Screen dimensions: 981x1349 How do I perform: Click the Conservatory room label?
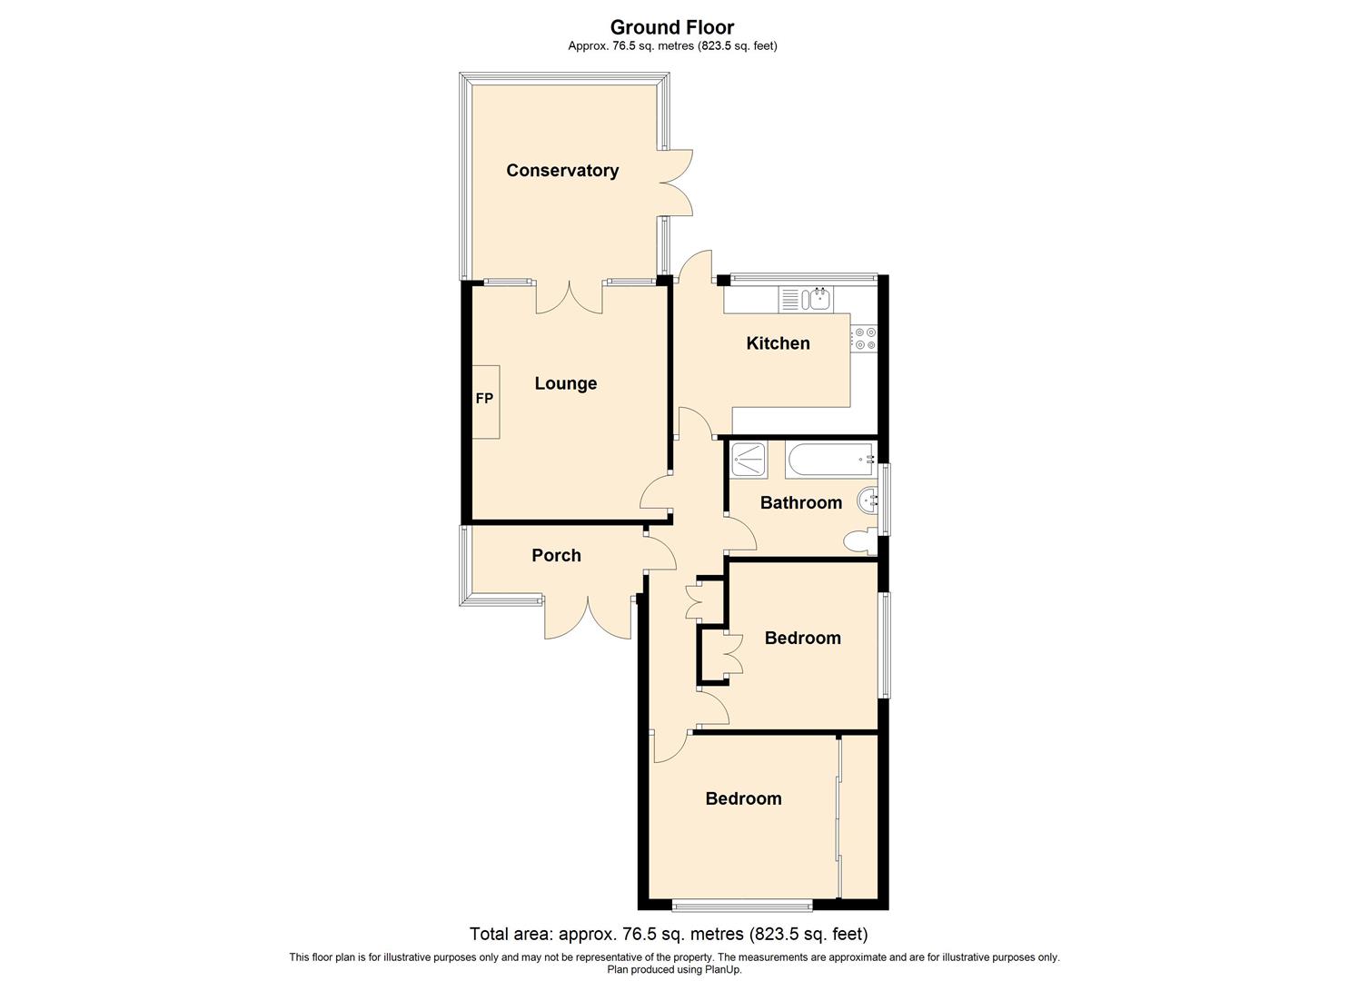(562, 171)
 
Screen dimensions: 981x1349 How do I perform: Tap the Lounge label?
(565, 383)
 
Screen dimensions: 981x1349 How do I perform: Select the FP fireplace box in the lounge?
(485, 401)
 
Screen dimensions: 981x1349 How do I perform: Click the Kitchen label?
(778, 343)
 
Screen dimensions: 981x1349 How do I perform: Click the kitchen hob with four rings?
(864, 338)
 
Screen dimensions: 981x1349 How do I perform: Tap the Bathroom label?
(800, 502)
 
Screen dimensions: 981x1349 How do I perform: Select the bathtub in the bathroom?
(830, 461)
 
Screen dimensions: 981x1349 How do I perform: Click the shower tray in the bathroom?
(749, 460)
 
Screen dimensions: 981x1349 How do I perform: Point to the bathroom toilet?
(858, 542)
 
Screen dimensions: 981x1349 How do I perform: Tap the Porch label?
(556, 555)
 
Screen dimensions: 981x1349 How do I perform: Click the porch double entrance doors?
(588, 618)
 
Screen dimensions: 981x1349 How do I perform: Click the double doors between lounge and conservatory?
(570, 297)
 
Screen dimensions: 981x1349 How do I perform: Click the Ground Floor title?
(672, 27)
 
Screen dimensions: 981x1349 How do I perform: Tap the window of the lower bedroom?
(742, 904)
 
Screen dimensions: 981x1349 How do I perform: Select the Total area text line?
(669, 934)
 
